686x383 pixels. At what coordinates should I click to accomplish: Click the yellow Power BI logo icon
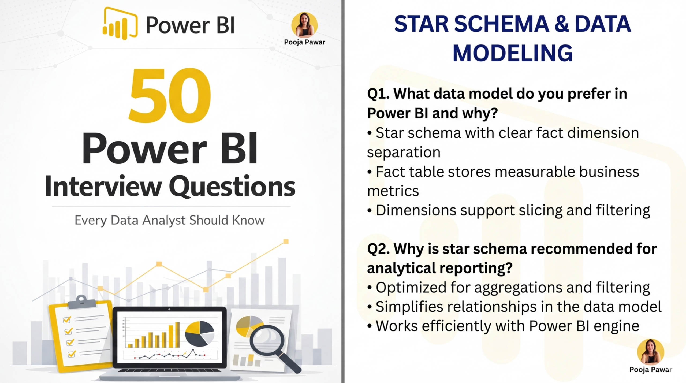120,24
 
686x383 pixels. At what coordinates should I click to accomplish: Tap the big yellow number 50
170,96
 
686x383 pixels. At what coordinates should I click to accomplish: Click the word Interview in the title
103,186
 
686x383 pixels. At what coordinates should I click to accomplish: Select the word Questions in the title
232,187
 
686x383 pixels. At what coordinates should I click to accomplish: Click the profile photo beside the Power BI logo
304,25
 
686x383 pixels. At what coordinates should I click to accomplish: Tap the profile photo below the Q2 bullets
651,352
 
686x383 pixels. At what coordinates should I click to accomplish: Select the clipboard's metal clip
82,302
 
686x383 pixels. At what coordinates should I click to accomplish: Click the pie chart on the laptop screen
200,333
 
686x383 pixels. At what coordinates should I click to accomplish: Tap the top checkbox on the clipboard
67,319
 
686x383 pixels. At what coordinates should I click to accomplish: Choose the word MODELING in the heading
512,53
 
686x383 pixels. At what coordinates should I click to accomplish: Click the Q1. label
378,94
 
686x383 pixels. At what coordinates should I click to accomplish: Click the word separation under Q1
404,152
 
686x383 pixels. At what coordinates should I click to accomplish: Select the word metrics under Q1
393,191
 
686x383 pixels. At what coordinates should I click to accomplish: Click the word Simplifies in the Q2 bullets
409,307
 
